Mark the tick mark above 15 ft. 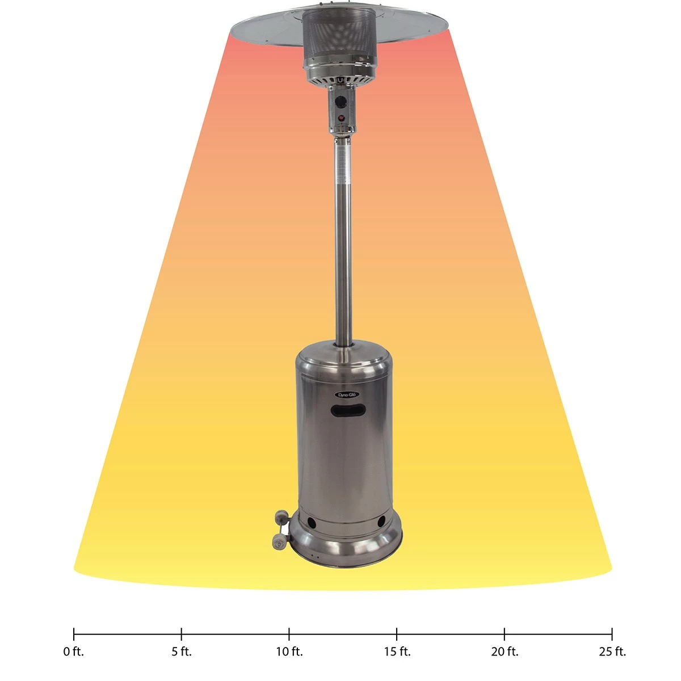click(x=397, y=634)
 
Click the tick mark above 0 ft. click(x=74, y=634)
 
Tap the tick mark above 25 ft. click(x=612, y=634)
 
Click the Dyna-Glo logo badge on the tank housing click(x=342, y=394)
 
